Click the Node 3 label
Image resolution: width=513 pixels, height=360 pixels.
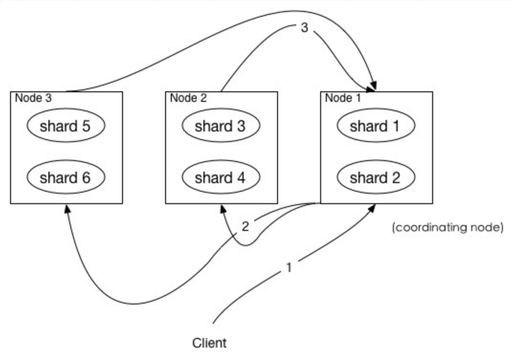click(33, 98)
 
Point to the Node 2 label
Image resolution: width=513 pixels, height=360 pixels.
click(189, 98)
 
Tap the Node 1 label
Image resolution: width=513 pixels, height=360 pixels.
click(343, 98)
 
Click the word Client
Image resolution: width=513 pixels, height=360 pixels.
click(210, 343)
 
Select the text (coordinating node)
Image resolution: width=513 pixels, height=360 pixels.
click(447, 227)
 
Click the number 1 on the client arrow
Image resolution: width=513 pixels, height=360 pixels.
click(289, 268)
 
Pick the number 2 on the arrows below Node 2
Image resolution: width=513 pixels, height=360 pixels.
click(245, 226)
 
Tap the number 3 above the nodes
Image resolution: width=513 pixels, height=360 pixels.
click(304, 27)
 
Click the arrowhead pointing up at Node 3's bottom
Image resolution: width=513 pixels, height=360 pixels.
click(67, 209)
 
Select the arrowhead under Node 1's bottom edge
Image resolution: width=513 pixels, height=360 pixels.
click(371, 208)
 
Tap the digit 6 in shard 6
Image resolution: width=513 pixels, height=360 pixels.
click(86, 177)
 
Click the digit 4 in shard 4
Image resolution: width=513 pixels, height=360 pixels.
click(241, 177)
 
